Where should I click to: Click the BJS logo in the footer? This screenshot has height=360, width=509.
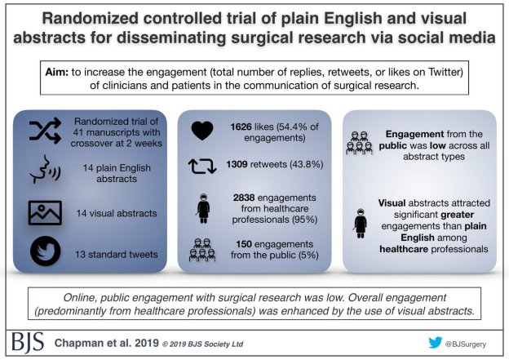click(x=31, y=340)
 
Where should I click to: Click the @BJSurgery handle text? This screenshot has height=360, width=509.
click(x=470, y=341)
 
